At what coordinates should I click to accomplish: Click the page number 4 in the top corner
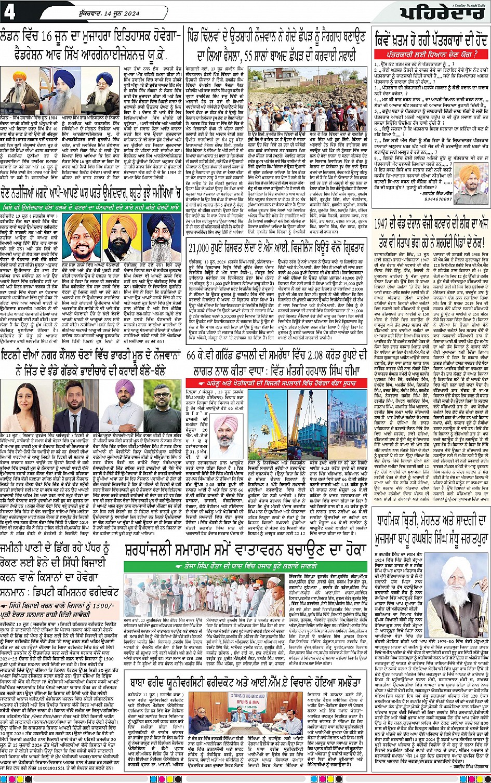(10, 11)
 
